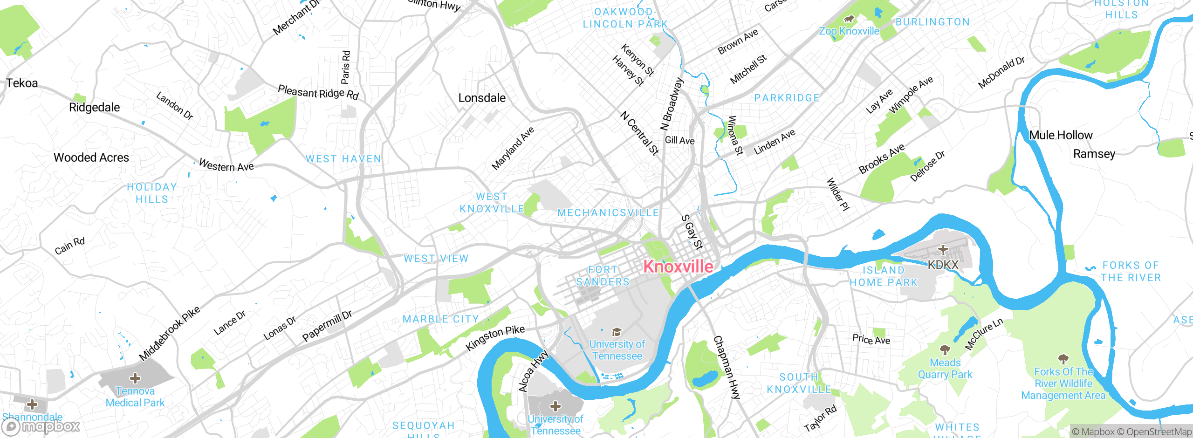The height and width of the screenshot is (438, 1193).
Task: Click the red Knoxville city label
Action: (678, 267)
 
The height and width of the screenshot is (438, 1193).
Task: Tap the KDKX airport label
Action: (943, 265)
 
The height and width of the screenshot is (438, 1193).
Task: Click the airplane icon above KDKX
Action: (943, 250)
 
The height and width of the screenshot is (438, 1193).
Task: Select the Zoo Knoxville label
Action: (849, 31)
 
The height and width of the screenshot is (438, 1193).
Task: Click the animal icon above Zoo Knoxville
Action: (849, 19)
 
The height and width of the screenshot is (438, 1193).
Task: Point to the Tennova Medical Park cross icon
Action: (135, 378)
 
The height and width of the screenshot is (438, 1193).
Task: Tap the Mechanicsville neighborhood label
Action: (608, 213)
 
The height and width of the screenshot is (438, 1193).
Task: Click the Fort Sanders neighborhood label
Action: (603, 276)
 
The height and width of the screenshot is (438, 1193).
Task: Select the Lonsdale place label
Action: (482, 98)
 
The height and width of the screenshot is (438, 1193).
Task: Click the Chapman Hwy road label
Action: (727, 367)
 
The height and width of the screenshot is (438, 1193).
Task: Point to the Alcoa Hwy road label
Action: (534, 371)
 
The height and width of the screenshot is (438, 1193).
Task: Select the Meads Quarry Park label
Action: (945, 369)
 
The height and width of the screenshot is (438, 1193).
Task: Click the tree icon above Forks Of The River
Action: (1063, 359)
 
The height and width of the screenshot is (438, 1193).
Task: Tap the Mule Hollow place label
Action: (1061, 135)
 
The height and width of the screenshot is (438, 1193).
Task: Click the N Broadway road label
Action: (672, 104)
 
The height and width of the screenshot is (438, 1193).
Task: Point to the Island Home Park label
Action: (884, 276)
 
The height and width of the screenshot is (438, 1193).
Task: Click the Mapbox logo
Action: (41, 426)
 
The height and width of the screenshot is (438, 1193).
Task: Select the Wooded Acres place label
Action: (91, 157)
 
